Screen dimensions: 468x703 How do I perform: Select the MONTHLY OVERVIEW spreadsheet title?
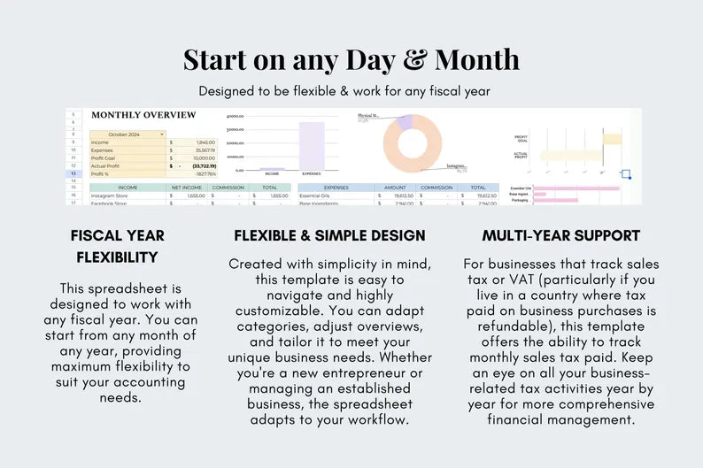(143, 115)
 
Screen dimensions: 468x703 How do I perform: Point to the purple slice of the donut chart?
(404, 122)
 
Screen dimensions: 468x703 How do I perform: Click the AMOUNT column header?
(395, 188)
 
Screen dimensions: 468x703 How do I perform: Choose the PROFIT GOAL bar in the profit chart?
(612, 138)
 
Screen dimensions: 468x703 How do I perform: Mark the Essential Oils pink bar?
(576, 188)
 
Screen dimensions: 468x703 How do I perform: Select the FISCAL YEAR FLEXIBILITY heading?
(118, 247)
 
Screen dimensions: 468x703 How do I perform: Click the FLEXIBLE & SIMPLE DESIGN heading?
(329, 236)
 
